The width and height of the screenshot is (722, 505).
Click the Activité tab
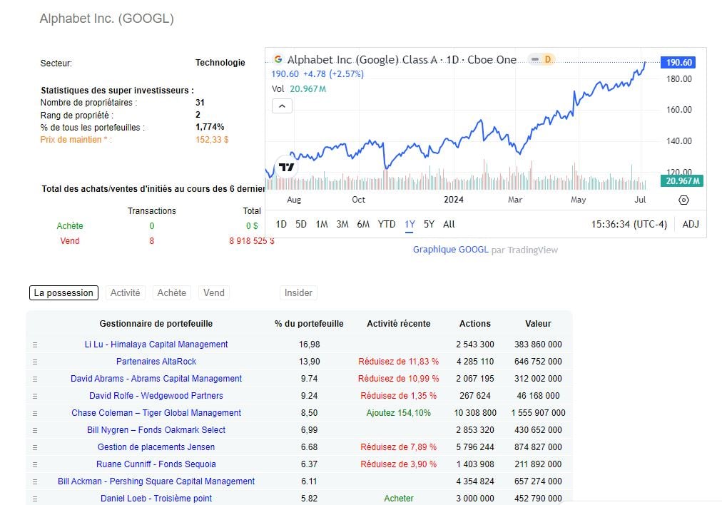click(126, 292)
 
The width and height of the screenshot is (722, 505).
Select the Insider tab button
click(298, 292)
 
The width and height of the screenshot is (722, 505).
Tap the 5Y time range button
click(429, 224)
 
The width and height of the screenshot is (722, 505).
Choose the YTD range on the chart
click(386, 224)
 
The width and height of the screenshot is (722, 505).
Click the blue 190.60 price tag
click(678, 63)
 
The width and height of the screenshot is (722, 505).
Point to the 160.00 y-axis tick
click(678, 110)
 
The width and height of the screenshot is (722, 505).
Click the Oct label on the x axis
click(358, 200)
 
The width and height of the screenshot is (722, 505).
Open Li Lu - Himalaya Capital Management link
click(156, 345)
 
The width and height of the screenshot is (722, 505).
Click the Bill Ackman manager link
click(156, 481)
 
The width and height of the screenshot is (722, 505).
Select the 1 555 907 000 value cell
click(538, 413)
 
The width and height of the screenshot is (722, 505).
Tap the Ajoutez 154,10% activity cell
click(398, 413)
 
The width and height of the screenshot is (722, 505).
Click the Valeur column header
click(538, 323)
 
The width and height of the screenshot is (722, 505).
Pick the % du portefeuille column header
click(309, 323)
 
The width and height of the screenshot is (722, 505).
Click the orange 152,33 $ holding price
click(212, 140)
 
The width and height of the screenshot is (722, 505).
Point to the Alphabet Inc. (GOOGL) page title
click(107, 19)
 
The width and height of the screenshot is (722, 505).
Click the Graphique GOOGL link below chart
click(451, 250)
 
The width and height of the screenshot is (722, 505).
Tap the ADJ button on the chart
click(691, 224)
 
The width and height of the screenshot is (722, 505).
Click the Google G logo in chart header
click(278, 59)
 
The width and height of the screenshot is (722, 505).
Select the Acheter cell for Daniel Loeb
click(398, 499)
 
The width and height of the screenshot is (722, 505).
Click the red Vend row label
click(70, 241)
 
